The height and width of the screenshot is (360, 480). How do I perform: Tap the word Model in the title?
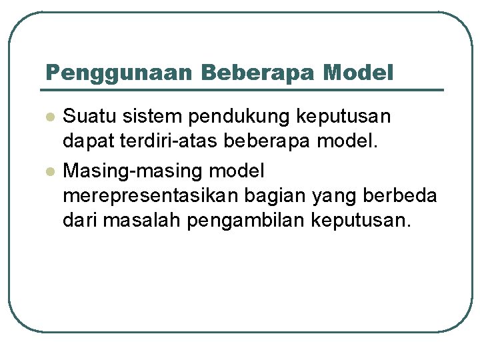coord(358,73)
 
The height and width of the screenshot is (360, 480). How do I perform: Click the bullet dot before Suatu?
coord(49,117)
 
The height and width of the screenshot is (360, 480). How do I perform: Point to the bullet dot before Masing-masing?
coord(49,172)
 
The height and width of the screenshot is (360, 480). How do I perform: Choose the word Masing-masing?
coord(133,172)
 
